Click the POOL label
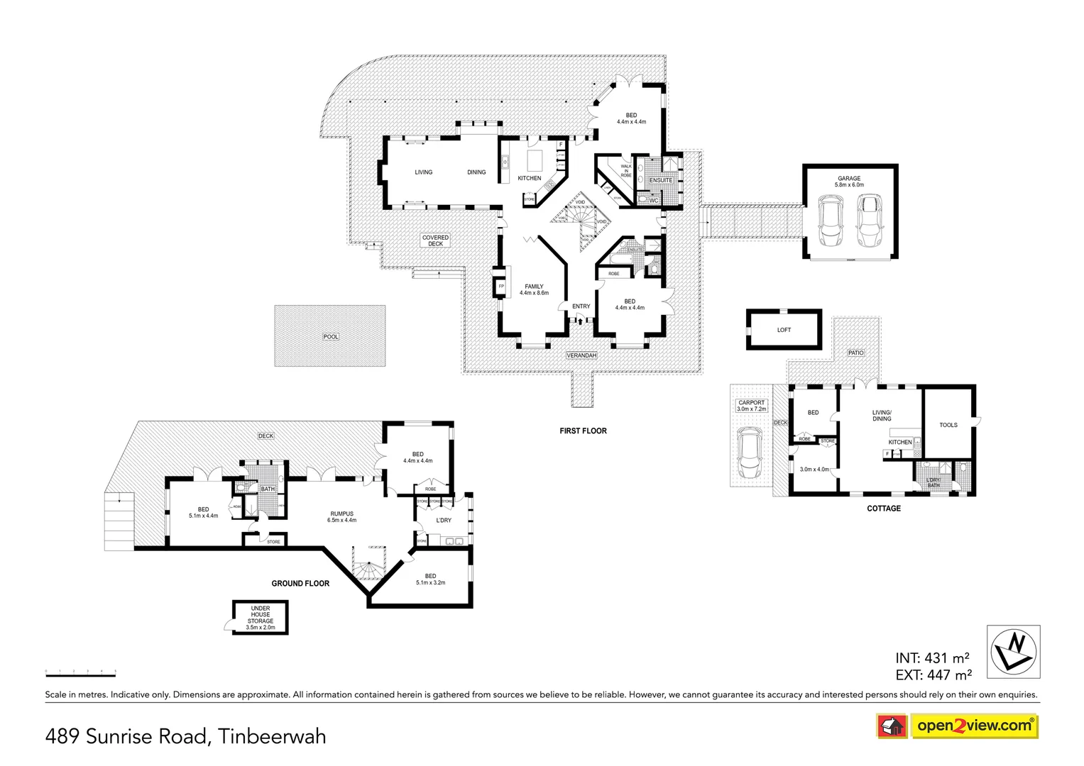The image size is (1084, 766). (x=331, y=337)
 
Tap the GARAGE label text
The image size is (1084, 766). (x=849, y=179)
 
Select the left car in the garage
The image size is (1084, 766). (x=830, y=221)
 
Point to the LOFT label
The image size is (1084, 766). (x=784, y=330)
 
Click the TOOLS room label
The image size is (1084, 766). (x=948, y=425)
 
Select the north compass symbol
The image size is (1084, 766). (x=1014, y=651)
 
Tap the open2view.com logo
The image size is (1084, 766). (x=974, y=726)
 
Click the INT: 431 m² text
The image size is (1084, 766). (x=932, y=658)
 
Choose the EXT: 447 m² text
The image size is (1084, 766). (x=934, y=675)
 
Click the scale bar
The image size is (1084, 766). (x=80, y=671)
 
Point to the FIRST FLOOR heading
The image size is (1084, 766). (x=583, y=431)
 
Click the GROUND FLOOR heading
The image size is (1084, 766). (x=300, y=583)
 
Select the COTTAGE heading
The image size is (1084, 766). (x=884, y=509)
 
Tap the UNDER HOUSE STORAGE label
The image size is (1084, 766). (x=261, y=615)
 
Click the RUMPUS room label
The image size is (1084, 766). (x=341, y=514)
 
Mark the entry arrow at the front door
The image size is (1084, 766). (x=580, y=321)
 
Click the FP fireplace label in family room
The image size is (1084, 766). (x=501, y=287)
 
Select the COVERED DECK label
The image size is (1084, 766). (x=435, y=240)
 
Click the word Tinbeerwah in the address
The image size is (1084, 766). (x=272, y=737)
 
